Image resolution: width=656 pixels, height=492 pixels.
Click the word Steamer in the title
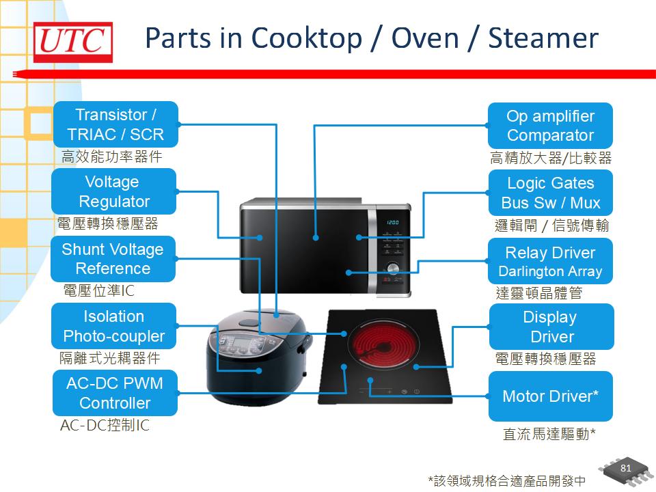click(x=543, y=38)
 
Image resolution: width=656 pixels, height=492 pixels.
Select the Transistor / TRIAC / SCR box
click(x=115, y=124)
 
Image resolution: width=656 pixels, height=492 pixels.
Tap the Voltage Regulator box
click(x=114, y=191)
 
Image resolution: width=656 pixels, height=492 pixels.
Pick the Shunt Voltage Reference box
click(x=113, y=258)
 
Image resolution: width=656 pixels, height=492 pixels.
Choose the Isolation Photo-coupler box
click(x=114, y=326)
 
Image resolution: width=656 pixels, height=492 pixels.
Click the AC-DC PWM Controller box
click(x=115, y=393)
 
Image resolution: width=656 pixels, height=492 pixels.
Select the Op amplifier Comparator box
click(x=550, y=125)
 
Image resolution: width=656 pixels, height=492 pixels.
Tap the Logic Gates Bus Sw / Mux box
click(x=550, y=193)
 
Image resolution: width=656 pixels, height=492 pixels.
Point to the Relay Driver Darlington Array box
click(x=550, y=261)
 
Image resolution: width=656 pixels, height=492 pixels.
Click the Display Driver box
click(x=551, y=327)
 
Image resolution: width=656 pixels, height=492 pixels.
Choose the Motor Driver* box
click(x=550, y=396)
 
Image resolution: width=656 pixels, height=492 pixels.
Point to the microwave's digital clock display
click(x=393, y=223)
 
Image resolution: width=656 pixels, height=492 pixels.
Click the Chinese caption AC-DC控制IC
click(x=105, y=426)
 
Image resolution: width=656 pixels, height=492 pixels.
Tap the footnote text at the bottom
click(x=506, y=480)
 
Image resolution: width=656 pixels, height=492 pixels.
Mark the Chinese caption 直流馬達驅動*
click(x=549, y=434)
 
